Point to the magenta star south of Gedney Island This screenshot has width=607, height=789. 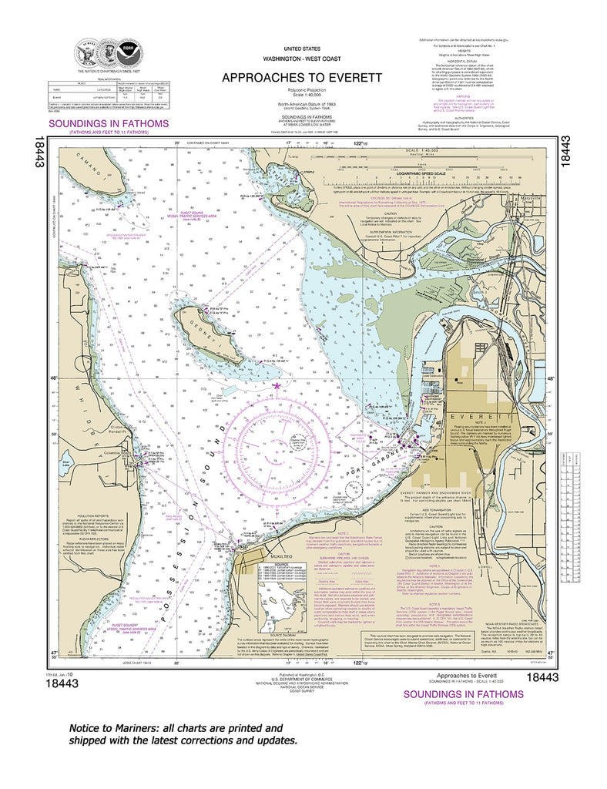coord(277,384)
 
